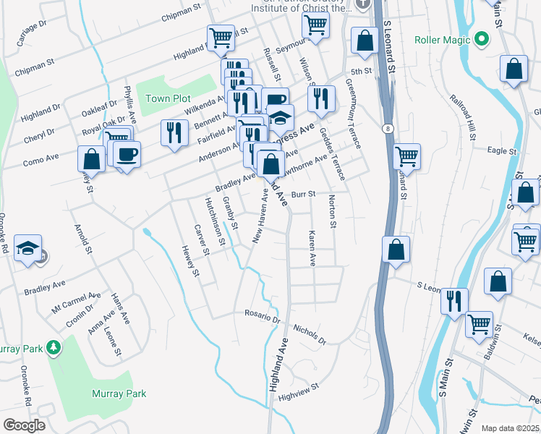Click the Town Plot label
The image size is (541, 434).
[168, 98]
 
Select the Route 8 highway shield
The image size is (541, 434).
[388, 128]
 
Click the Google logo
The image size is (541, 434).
[24, 425]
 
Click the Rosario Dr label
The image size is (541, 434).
[261, 318]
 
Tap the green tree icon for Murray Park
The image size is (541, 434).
[53, 348]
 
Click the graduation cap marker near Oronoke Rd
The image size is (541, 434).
[28, 249]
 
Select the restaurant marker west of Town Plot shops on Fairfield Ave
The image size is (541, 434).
[174, 132]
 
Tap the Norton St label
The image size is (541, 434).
[332, 211]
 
